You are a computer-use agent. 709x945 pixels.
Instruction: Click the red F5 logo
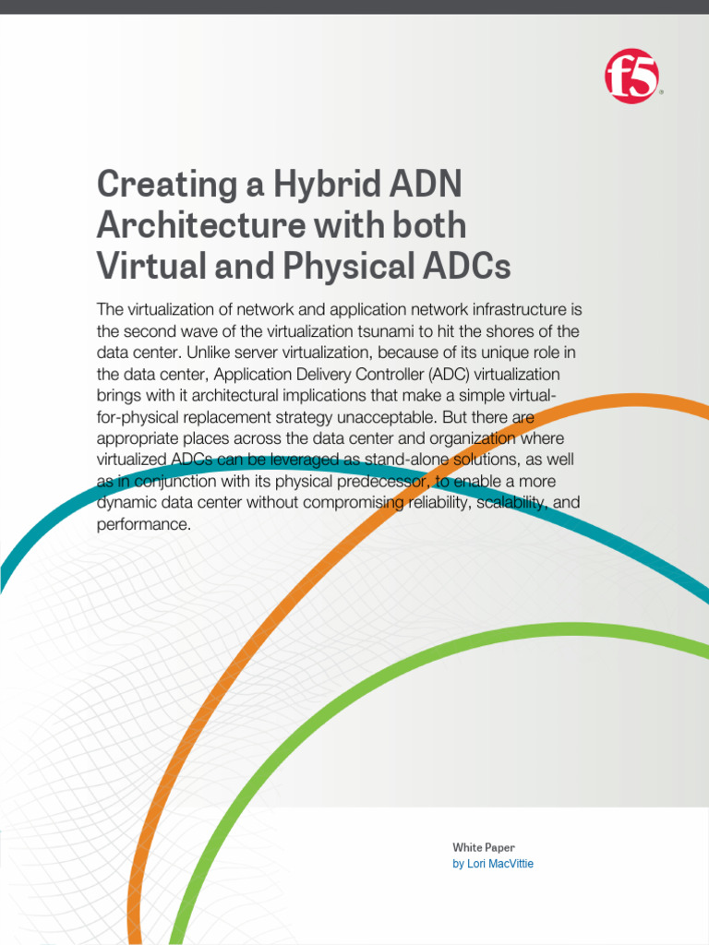click(632, 77)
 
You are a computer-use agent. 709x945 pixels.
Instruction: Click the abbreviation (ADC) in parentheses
click(421, 374)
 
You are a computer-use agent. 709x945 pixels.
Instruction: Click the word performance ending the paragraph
click(143, 524)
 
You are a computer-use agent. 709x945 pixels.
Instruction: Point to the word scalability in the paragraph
click(503, 502)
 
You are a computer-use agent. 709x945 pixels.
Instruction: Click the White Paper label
click(484, 847)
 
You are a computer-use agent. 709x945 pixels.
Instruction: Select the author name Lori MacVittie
click(499, 864)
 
